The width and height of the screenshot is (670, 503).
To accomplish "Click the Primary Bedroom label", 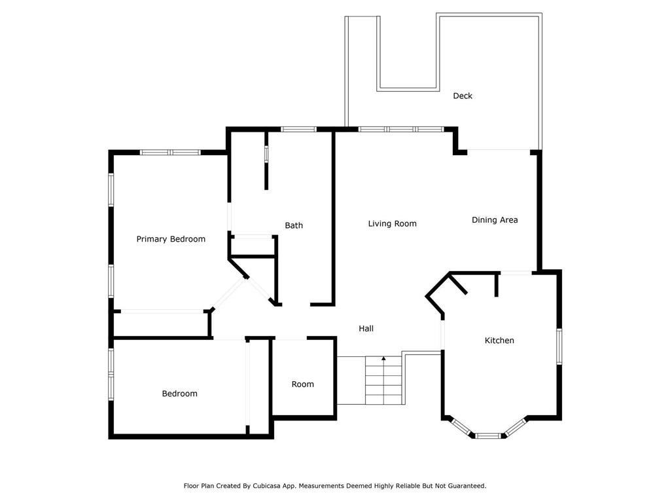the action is pos(171,239).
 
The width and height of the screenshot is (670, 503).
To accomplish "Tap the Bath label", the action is pos(294,225).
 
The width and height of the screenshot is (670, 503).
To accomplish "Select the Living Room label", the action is pos(393,224).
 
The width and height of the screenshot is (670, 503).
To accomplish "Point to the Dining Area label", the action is pos(495,220).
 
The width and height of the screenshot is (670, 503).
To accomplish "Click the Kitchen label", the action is pos(499,341).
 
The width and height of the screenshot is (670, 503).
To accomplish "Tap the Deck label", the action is pos(463,96).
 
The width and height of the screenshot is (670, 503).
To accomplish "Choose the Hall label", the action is pos(366,329).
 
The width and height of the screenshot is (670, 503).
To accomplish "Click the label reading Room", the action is pos(303,384).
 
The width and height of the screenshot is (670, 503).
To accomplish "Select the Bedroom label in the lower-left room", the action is pos(179,394).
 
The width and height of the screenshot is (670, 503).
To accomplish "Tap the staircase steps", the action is pos(383,381).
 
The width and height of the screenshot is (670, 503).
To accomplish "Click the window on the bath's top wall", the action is pos(298,129).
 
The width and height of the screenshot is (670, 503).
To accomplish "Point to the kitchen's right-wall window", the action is pos(559,346).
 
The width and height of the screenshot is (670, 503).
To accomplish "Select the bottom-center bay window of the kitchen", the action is pos(488,436).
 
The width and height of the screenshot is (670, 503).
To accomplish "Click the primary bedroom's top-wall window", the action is pos(171,152).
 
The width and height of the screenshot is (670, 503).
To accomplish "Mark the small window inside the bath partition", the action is pos(266,154).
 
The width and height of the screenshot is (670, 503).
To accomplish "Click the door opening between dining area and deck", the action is pos(499,150).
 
